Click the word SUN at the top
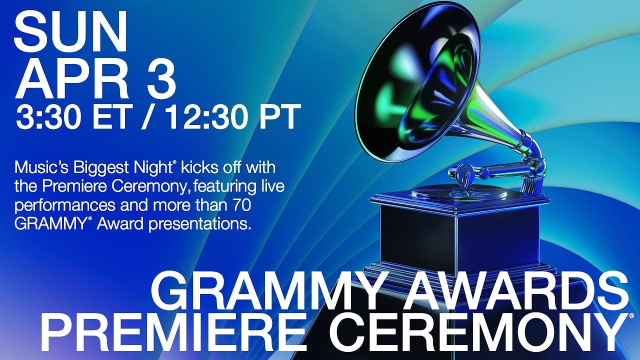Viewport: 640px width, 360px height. (70, 32)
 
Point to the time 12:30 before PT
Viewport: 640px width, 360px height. (205, 117)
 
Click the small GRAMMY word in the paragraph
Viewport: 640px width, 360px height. (50, 224)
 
